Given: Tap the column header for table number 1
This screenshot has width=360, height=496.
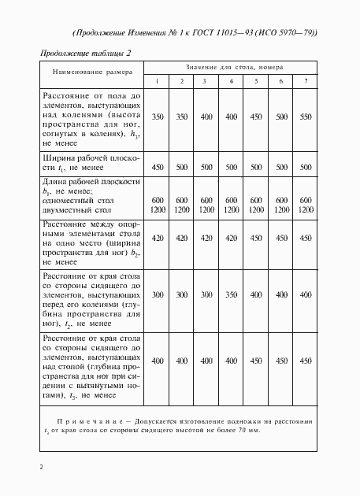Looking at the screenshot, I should pyautogui.click(x=157, y=82).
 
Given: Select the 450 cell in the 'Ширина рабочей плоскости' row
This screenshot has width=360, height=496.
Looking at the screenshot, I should pyautogui.click(x=157, y=167).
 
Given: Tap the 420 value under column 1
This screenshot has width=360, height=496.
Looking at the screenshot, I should pyautogui.click(x=157, y=237).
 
